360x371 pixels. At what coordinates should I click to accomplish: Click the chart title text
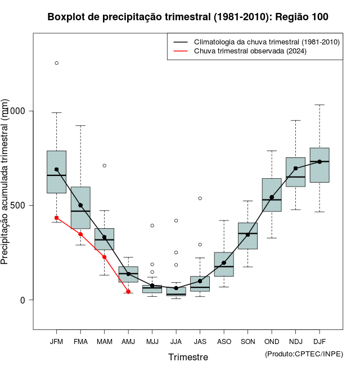click(x=188, y=17)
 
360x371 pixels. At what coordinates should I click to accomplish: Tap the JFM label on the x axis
click(x=56, y=342)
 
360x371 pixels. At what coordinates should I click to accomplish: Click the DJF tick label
click(x=319, y=342)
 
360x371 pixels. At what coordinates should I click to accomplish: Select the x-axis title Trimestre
click(x=188, y=357)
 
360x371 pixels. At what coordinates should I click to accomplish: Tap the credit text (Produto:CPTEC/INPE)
click(x=304, y=354)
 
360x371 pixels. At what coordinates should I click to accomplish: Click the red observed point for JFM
click(x=56, y=218)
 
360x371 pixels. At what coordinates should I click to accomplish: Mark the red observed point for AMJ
click(x=128, y=292)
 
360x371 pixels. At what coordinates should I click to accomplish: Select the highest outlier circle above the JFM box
click(x=56, y=63)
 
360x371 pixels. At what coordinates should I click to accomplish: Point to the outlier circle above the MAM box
click(x=104, y=165)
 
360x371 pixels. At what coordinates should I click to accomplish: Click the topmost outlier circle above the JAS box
click(x=200, y=198)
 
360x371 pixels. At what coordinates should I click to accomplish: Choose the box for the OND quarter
click(x=272, y=195)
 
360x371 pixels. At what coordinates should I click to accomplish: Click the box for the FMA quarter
click(x=80, y=207)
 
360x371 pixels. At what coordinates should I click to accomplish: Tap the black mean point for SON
click(x=247, y=234)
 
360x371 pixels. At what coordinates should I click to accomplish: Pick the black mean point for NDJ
click(x=295, y=168)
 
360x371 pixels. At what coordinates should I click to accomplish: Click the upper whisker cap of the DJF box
click(x=319, y=105)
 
